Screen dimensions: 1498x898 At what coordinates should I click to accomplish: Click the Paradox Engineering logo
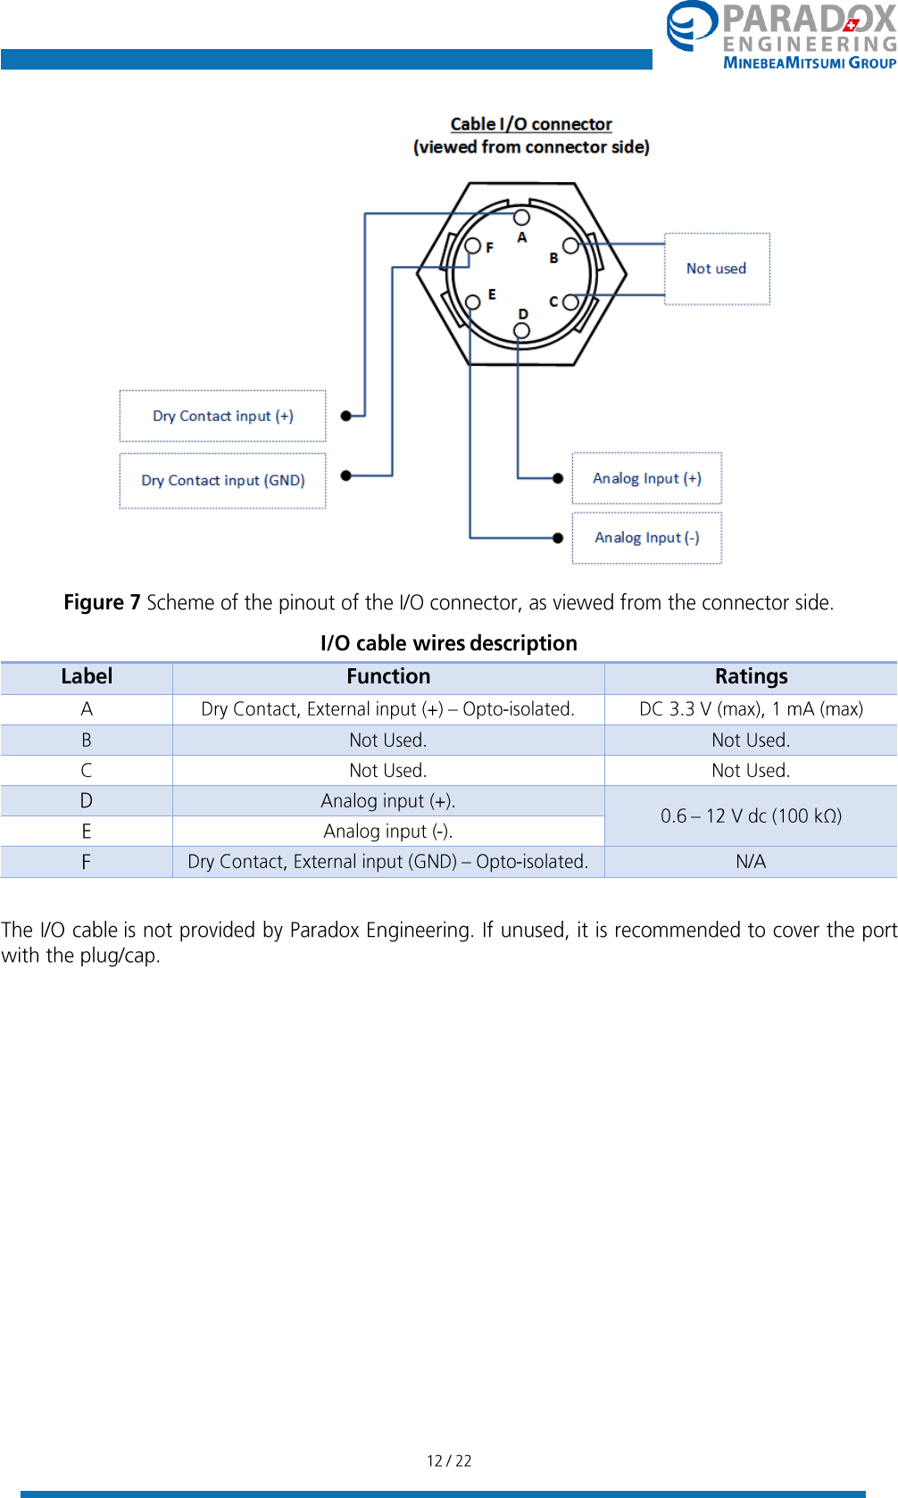[781, 36]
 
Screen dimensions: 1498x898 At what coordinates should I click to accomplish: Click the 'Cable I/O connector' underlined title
[531, 124]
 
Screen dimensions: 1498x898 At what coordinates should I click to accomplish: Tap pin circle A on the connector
[522, 217]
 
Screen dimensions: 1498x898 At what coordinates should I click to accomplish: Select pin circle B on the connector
[570, 245]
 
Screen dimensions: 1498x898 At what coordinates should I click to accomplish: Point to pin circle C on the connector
[570, 302]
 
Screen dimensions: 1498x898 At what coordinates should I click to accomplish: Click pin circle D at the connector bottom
[522, 331]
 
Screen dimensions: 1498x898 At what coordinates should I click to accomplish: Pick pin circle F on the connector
[473, 245]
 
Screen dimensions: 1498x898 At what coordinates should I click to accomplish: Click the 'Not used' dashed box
[717, 269]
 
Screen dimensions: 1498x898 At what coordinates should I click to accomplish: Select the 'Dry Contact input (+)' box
[223, 416]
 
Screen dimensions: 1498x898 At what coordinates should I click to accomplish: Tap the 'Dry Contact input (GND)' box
[223, 480]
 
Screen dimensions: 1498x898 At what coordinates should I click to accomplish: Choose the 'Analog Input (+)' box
[647, 478]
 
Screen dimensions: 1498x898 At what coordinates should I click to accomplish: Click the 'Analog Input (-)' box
[647, 537]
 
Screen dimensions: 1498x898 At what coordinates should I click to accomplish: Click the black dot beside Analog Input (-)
[558, 538]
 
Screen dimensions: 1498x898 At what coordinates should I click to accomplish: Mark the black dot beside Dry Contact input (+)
[346, 416]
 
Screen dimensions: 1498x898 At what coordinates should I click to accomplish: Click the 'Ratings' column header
[751, 676]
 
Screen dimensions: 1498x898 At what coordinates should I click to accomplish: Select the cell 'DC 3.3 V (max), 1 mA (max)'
[751, 709]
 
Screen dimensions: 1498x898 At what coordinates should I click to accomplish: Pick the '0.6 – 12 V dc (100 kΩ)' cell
[751, 815]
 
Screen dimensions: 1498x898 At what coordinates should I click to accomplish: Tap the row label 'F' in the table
[87, 862]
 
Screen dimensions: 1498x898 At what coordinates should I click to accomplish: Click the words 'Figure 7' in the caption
[102, 602]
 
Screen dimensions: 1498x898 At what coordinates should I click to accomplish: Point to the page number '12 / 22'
[449, 1461]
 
